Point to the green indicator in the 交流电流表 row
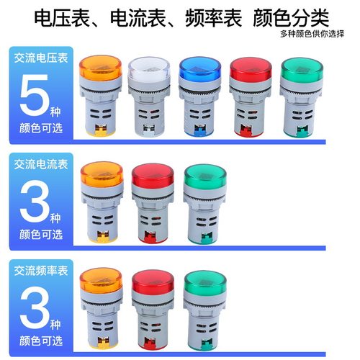click(x=204, y=202)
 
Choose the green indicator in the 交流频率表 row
click(x=204, y=306)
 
